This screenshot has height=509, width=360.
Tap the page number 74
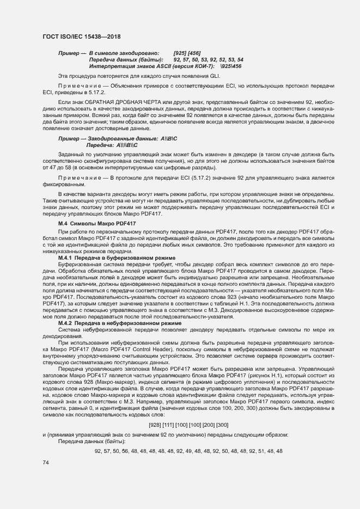[x=46, y=462]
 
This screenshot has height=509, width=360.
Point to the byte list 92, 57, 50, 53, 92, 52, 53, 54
[x=209, y=59]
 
